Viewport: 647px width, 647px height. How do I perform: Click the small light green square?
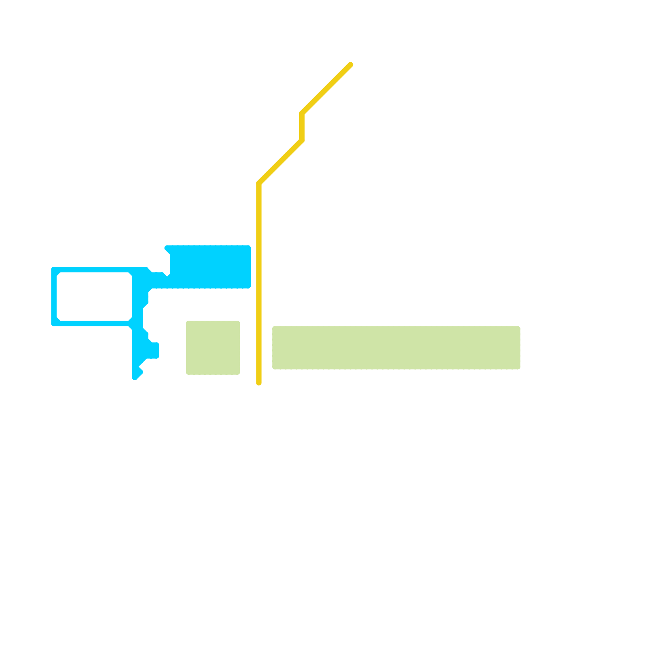pyautogui.click(x=213, y=348)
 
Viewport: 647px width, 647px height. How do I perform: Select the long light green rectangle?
pyautogui.click(x=396, y=348)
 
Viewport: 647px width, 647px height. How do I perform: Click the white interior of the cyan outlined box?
pyautogui.click(x=94, y=296)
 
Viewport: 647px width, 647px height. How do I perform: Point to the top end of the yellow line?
pyautogui.click(x=351, y=65)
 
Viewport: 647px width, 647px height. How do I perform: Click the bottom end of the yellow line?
pyautogui.click(x=259, y=383)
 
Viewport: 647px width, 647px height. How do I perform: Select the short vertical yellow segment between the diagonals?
pyautogui.click(x=302, y=127)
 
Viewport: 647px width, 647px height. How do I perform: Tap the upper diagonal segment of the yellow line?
pyautogui.click(x=326, y=89)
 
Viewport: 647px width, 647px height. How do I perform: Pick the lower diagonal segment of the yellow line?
pyautogui.click(x=281, y=162)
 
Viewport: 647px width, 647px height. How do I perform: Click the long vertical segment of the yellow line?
pyautogui.click(x=259, y=283)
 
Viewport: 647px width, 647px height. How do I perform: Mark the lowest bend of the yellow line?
pyautogui.click(x=259, y=184)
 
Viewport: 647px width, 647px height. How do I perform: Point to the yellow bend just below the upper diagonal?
pyautogui.click(x=302, y=113)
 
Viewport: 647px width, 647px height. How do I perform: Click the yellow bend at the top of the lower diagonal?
pyautogui.click(x=302, y=140)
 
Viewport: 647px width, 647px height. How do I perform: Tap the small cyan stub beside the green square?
pyautogui.click(x=154, y=350)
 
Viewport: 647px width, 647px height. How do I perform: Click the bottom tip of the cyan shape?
pyautogui.click(x=135, y=377)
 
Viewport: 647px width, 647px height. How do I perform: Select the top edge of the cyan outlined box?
pyautogui.click(x=97, y=270)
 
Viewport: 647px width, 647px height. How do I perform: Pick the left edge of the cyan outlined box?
pyautogui.click(x=54, y=296)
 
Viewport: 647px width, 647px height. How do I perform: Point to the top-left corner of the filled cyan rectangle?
pyautogui.click(x=167, y=247)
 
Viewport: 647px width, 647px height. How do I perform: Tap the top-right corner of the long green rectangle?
pyautogui.click(x=518, y=328)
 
